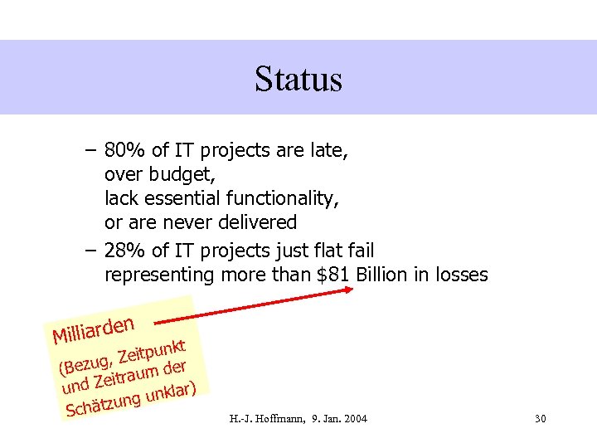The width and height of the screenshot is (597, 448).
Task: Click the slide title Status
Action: pyautogui.click(x=298, y=80)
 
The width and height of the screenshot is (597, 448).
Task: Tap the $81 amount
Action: pyautogui.click(x=334, y=275)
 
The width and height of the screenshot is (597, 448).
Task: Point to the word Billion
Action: pyautogui.click(x=383, y=275)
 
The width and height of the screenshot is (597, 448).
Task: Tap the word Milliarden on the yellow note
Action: pyautogui.click(x=93, y=327)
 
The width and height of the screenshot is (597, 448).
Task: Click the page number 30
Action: pyautogui.click(x=540, y=418)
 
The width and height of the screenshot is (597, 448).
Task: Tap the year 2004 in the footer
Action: pyautogui.click(x=354, y=418)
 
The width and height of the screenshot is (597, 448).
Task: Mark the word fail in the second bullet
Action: pyautogui.click(x=358, y=251)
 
